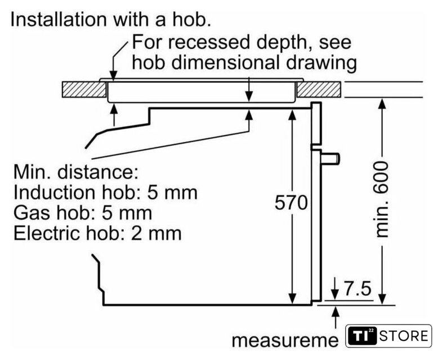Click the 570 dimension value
coord(292,203)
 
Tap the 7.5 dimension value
coord(356,290)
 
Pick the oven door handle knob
coord(333,159)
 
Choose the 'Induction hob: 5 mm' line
coord(105,192)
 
